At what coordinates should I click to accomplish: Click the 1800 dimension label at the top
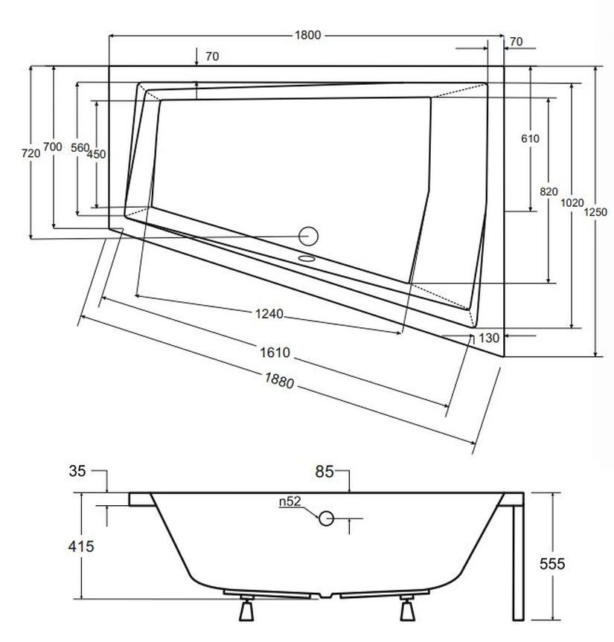coord(307,35)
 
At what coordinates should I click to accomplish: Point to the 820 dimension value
coord(549,191)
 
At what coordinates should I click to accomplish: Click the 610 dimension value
coord(530,138)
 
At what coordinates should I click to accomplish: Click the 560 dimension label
coord(80,148)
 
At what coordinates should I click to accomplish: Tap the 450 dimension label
coord(96,155)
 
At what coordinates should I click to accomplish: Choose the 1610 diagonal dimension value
coord(275,353)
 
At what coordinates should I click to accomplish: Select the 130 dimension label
coord(489,338)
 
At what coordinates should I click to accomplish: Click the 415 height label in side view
coord(81,547)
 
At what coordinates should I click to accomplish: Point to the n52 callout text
coord(290,501)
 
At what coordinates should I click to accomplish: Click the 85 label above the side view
coord(324,472)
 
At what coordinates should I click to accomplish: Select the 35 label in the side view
coord(78,470)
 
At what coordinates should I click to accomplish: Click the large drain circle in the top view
coord(308,236)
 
